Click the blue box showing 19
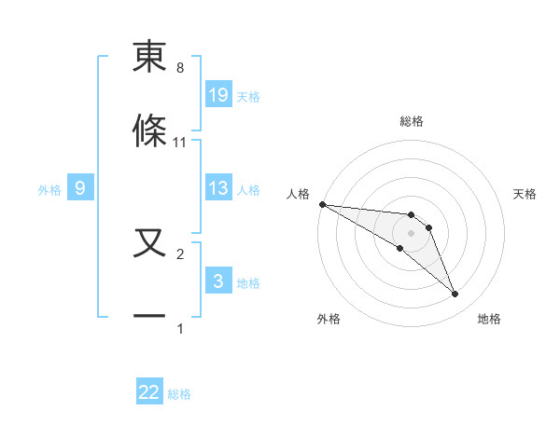[218, 95]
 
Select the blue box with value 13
[218, 188]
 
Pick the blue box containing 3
[218, 281]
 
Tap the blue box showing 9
[80, 188]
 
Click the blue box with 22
[149, 392]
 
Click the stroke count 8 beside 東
[180, 68]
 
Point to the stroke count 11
[180, 143]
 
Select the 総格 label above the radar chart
[412, 121]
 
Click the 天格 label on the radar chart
[525, 194]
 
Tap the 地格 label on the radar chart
[489, 319]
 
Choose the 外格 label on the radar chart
[329, 319]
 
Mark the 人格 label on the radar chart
[297, 194]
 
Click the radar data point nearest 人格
[322, 204]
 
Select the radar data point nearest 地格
[455, 294]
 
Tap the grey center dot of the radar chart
[411, 233]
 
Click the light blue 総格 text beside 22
[179, 394]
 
